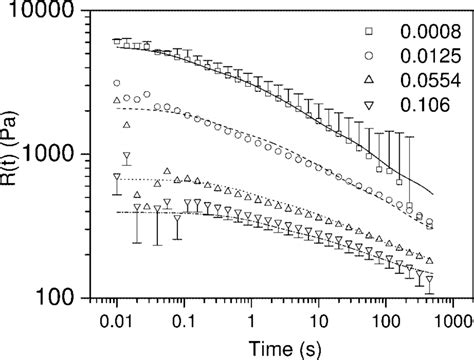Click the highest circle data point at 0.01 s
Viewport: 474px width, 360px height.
117,83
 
